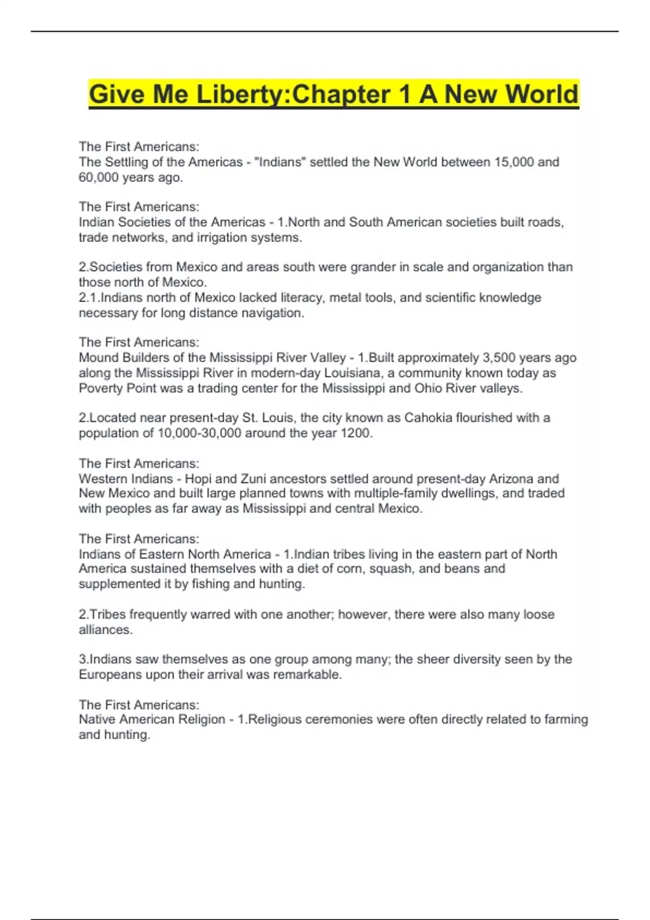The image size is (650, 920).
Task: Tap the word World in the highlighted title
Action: pyautogui.click(x=542, y=94)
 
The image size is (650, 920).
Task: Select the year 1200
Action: pyautogui.click(x=354, y=433)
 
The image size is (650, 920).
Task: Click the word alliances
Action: pyautogui.click(x=106, y=630)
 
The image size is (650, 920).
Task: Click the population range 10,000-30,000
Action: pyautogui.click(x=199, y=433)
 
